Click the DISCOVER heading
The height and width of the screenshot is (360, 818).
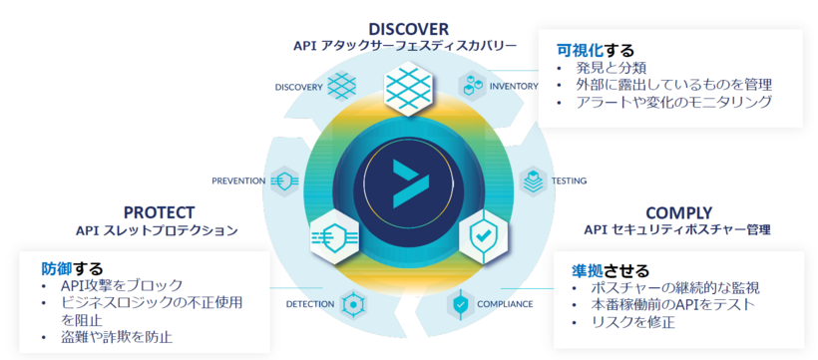[408, 28]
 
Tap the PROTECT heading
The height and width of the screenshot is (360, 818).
[159, 211]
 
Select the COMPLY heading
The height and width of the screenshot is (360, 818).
[678, 211]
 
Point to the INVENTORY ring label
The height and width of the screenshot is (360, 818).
[514, 87]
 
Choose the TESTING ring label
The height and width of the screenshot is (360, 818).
[569, 180]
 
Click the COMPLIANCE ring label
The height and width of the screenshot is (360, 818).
[505, 303]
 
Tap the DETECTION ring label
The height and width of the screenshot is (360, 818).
[310, 303]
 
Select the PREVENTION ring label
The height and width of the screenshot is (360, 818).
[238, 180]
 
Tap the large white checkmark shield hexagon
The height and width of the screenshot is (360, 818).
[482, 240]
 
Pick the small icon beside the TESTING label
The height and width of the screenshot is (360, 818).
[533, 180]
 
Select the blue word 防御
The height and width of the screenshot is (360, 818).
[57, 268]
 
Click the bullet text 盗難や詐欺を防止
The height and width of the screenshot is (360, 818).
[117, 337]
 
